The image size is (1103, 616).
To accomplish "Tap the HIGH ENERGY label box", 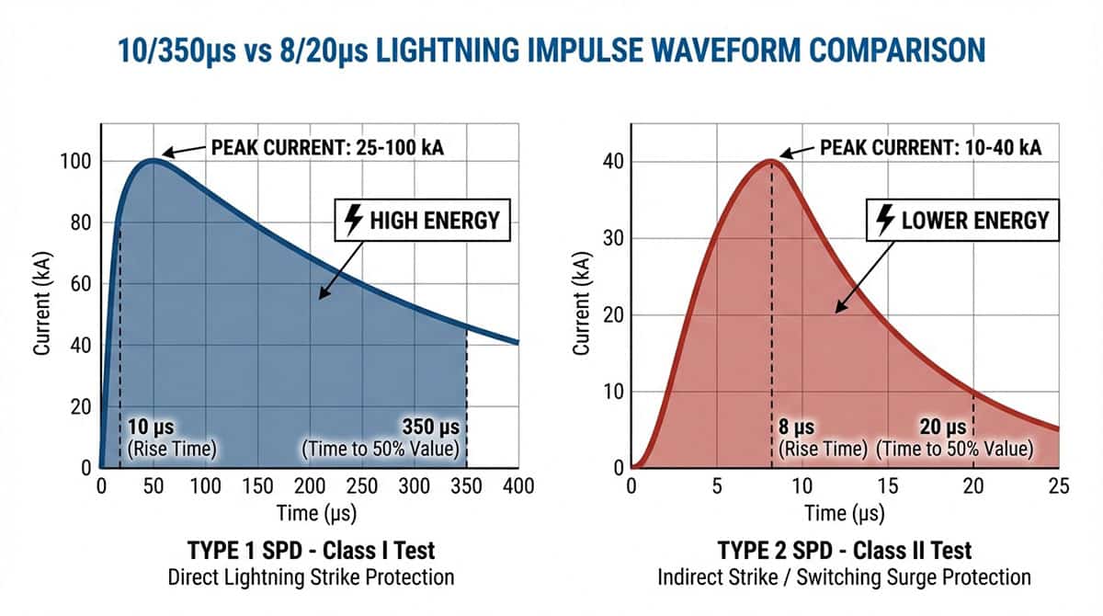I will tap(423, 221).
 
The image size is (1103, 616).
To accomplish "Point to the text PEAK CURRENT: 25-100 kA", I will tap(327, 147).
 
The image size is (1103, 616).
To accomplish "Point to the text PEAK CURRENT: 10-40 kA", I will tap(929, 147).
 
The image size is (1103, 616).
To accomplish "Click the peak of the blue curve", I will tap(153, 160).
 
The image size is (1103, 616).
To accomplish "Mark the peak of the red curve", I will tap(771, 161).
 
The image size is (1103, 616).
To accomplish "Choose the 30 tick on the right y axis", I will tap(614, 238).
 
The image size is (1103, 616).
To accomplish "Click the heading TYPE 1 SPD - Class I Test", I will tap(312, 551).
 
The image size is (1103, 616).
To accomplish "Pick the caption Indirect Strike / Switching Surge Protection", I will tap(844, 577).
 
